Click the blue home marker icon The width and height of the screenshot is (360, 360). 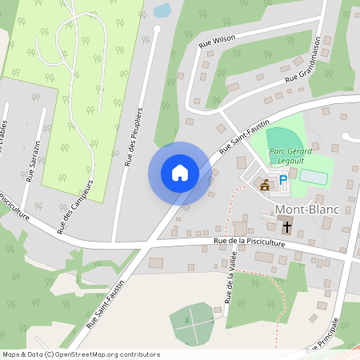click(179, 173)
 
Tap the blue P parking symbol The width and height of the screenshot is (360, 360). click(282, 182)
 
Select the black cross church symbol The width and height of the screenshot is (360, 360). click(286, 226)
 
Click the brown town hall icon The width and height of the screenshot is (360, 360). click(265, 185)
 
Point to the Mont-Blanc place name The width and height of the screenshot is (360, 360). click(307, 210)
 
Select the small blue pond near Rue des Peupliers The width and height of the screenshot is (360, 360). click(162, 10)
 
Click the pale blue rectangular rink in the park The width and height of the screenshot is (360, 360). click(314, 178)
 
